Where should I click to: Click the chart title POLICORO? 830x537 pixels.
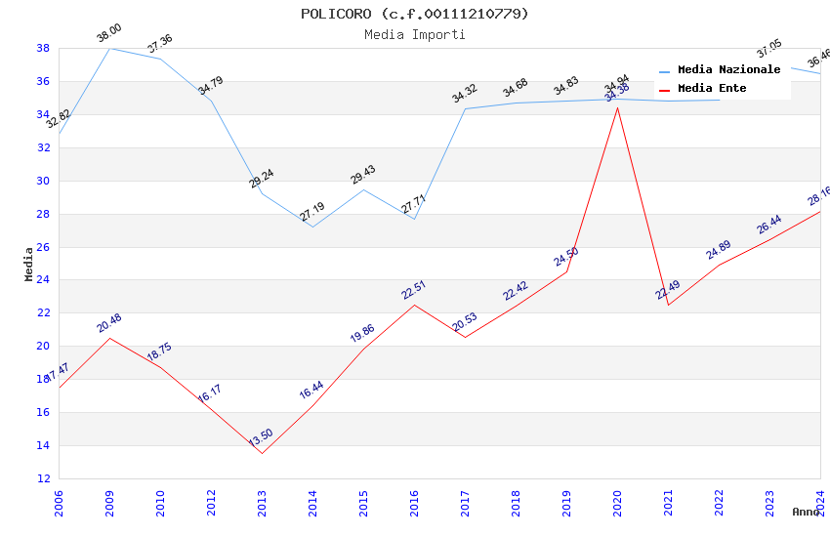pyautogui.click(x=414, y=14)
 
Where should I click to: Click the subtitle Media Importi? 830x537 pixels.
pyautogui.click(x=414, y=34)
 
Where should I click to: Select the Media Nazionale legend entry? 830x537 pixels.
pyautogui.click(x=728, y=70)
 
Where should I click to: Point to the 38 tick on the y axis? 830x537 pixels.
pyautogui.click(x=43, y=48)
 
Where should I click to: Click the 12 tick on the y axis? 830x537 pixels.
pyautogui.click(x=43, y=478)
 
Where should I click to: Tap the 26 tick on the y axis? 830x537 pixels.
pyautogui.click(x=43, y=247)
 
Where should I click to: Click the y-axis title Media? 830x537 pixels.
pyautogui.click(x=29, y=264)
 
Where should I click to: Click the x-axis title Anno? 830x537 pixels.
pyautogui.click(x=806, y=512)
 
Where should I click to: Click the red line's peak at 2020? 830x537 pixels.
pyautogui.click(x=617, y=107)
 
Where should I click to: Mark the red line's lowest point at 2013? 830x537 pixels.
pyautogui.click(x=262, y=453)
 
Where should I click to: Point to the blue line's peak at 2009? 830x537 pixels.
pyautogui.click(x=109, y=48)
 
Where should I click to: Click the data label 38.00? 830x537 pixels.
pyautogui.click(x=108, y=34)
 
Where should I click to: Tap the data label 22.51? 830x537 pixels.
pyautogui.click(x=413, y=290)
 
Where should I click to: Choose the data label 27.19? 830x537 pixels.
pyautogui.click(x=311, y=213)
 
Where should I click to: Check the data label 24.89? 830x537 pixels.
pyautogui.click(x=718, y=250)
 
